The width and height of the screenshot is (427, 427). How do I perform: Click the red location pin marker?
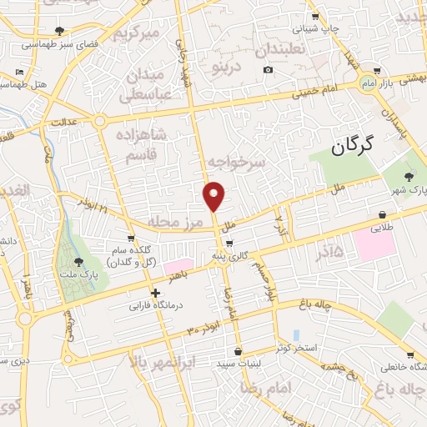[x=214, y=195]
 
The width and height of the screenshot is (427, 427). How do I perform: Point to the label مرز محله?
[x=177, y=221]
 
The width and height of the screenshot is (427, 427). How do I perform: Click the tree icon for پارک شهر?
[x=408, y=176]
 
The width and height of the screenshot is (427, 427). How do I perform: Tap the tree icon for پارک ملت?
[x=79, y=264]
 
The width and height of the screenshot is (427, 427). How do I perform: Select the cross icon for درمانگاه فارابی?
[x=156, y=293]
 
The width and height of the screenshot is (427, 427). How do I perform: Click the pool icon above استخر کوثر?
[x=297, y=334]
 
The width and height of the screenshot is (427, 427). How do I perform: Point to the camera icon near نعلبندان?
[x=268, y=69]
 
